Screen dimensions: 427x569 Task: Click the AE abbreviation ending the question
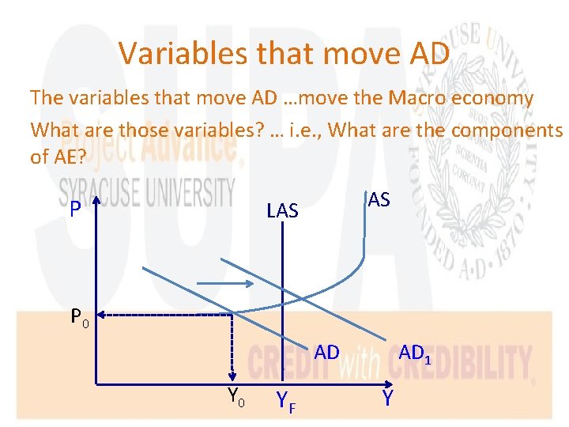tap(66, 157)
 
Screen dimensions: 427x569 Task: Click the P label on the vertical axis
tap(73, 209)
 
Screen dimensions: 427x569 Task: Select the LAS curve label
tap(282, 210)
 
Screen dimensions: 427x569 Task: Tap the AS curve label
tap(379, 200)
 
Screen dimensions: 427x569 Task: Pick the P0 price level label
tap(80, 317)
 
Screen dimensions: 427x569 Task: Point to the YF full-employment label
tap(287, 402)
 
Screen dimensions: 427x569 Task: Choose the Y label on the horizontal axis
tap(387, 399)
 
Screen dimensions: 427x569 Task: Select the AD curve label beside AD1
tap(326, 353)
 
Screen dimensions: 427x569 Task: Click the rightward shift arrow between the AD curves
tap(224, 283)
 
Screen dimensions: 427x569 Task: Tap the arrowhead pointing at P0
tap(106, 316)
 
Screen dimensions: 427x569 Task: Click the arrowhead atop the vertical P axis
tap(93, 198)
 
